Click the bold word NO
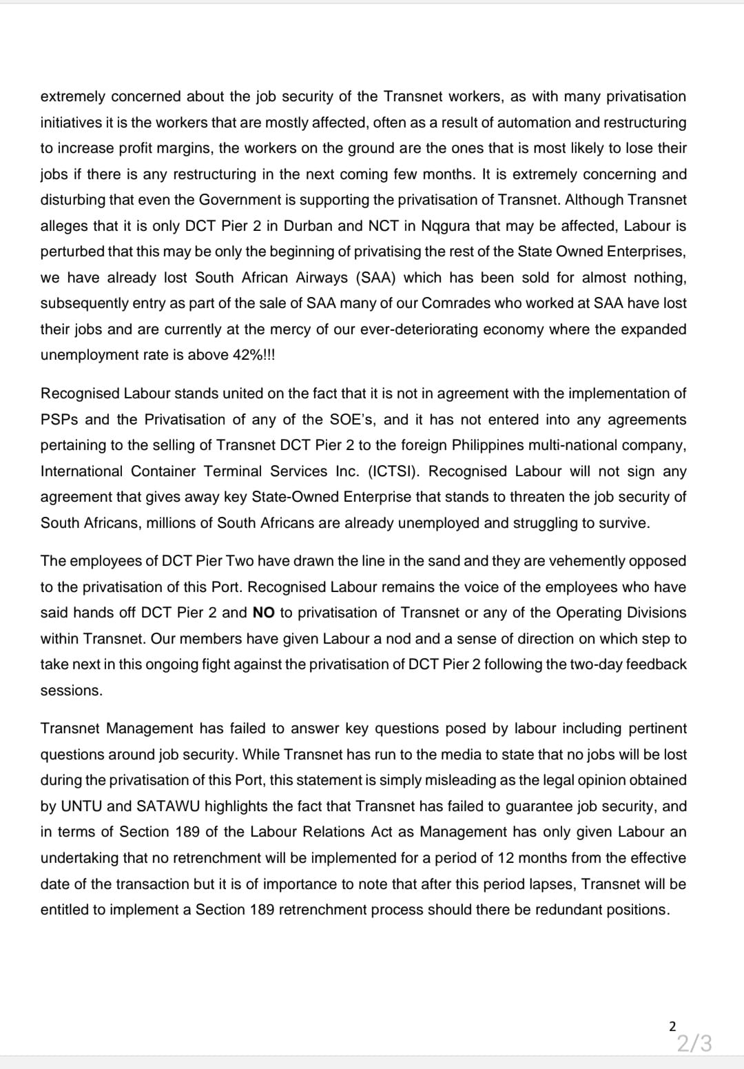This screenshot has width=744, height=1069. click(x=264, y=613)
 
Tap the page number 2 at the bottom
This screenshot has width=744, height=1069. click(x=673, y=1026)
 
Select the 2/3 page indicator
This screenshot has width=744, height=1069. click(x=694, y=1043)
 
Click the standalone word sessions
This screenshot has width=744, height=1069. click(x=72, y=691)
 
